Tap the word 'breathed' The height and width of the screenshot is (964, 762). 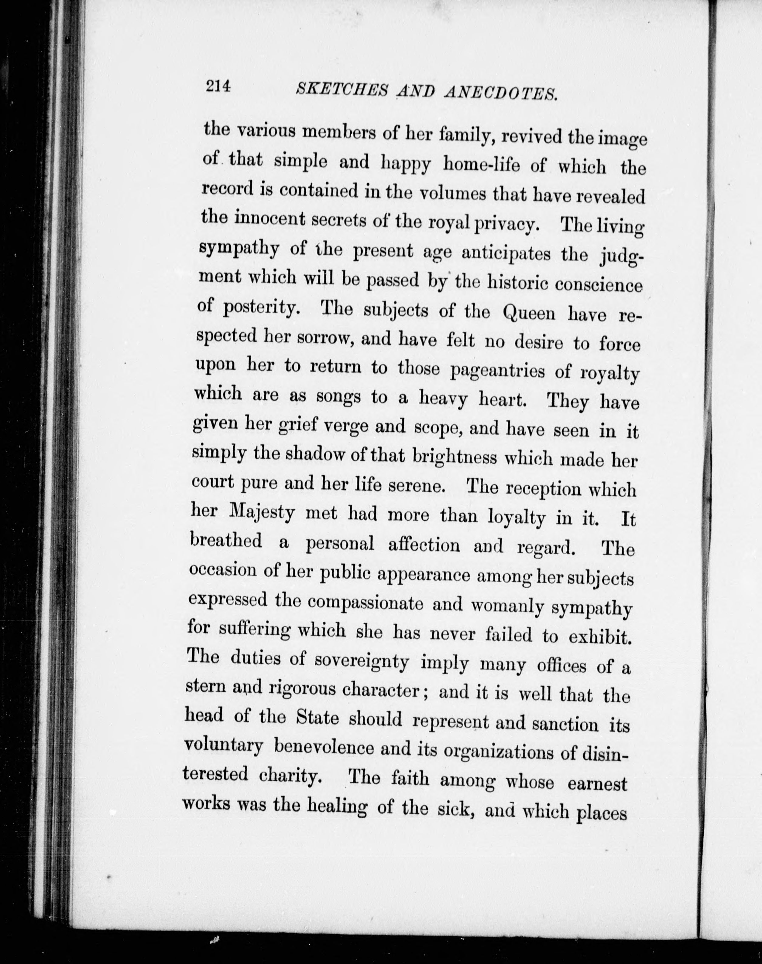(226, 540)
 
